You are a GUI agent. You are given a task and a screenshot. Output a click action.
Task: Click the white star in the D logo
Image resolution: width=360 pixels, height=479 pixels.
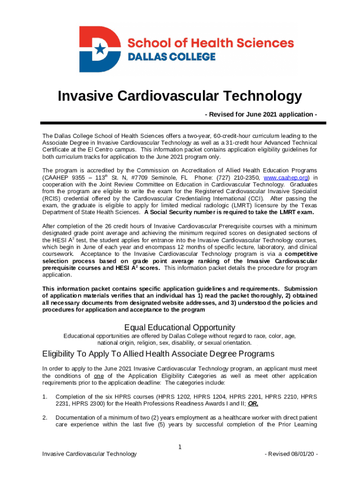point(100,49)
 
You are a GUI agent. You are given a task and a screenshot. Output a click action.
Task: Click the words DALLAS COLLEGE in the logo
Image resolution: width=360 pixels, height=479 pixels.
point(172,57)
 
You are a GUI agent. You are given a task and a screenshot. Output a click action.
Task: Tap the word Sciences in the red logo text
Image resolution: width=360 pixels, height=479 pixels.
point(266,44)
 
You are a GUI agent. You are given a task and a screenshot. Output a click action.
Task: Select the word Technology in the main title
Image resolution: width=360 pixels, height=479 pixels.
point(263,96)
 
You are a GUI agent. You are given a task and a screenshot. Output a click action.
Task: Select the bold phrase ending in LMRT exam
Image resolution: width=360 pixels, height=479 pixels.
point(229,212)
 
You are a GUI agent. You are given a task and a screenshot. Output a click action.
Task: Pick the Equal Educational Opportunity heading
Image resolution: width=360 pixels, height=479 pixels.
point(180,327)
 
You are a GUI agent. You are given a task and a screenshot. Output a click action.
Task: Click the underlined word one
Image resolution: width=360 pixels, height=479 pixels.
point(99,376)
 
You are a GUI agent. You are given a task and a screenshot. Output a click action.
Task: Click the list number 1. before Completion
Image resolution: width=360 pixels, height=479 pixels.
point(45,397)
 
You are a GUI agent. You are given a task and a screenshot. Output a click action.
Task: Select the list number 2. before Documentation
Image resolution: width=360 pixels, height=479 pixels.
point(45,417)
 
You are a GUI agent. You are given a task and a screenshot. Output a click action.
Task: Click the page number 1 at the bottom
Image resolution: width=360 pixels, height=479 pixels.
point(180,447)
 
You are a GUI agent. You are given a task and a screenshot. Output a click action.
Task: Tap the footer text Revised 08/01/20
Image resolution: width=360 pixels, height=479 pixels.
point(291,454)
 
